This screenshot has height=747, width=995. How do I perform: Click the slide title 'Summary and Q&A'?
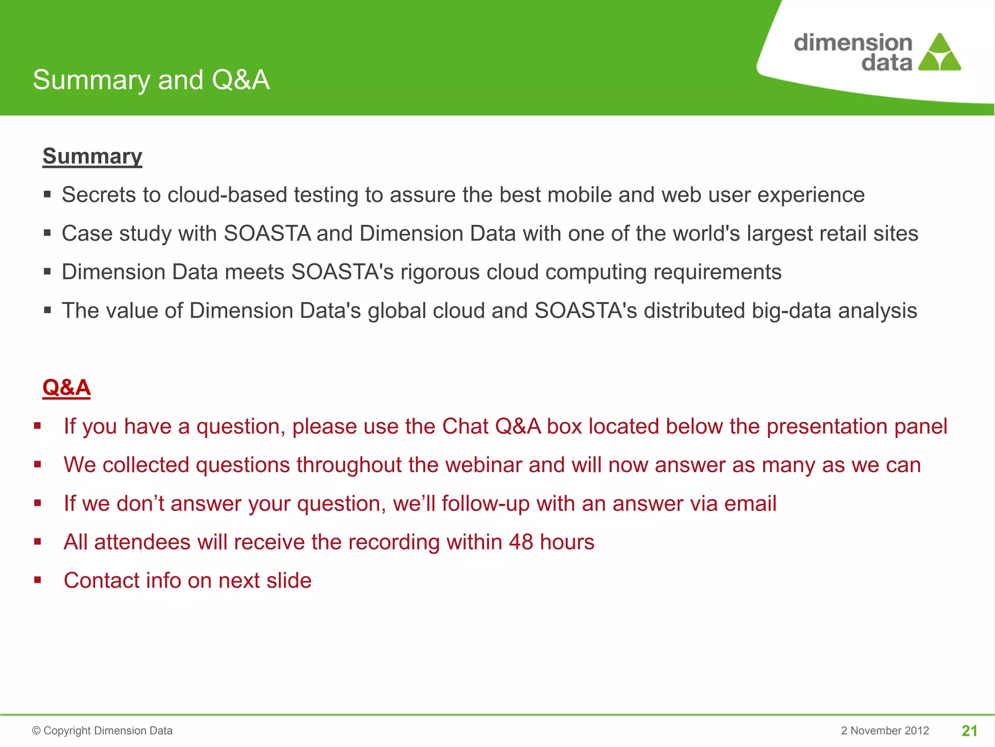[151, 80]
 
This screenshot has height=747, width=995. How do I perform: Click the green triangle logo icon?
[940, 53]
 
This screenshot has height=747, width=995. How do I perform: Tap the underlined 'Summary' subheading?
[92, 156]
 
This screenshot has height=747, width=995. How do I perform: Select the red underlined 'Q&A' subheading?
[67, 388]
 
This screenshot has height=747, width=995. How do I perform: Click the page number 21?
[969, 730]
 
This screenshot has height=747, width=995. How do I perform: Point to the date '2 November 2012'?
[885, 730]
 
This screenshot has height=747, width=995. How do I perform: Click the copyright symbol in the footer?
[36, 731]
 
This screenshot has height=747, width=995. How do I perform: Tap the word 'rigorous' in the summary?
[440, 272]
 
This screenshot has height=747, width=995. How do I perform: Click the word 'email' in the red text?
[750, 503]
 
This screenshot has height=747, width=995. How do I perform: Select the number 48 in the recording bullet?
[521, 542]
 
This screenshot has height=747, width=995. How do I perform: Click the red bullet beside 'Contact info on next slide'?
[38, 580]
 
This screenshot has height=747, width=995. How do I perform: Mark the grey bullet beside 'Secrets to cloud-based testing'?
[47, 195]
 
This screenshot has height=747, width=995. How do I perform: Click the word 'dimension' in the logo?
[853, 43]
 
